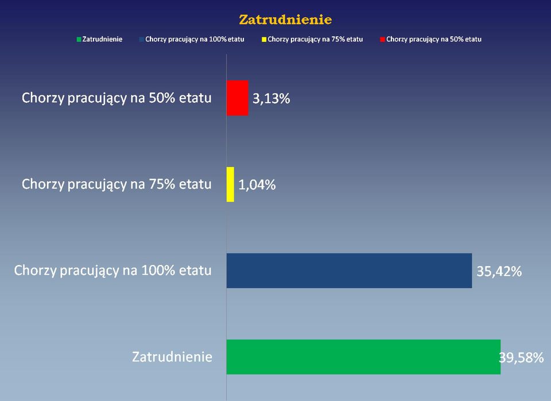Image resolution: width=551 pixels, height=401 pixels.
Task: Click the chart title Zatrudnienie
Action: [285, 20]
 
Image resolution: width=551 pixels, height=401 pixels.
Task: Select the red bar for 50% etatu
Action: [238, 98]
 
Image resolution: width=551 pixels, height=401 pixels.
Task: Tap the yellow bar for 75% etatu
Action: [231, 184]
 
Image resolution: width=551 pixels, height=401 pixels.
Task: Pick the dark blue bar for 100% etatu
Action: [350, 271]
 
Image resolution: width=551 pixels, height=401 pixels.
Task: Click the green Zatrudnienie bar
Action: [364, 357]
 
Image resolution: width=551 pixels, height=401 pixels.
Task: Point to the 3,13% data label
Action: [271, 99]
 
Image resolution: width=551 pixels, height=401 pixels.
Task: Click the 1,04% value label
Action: [257, 185]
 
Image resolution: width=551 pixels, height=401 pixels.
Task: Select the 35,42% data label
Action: [499, 271]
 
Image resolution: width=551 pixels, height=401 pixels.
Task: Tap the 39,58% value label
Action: [522, 357]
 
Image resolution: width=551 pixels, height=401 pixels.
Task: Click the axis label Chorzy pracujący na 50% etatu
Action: [117, 98]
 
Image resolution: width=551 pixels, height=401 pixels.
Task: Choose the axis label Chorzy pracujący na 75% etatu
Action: [117, 184]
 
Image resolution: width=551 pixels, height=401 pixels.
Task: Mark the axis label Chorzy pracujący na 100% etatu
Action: [113, 271]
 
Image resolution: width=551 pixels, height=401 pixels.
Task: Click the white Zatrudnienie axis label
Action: [172, 357]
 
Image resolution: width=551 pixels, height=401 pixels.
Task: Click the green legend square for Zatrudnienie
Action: [79, 40]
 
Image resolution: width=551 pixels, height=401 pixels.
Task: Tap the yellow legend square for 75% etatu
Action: [264, 40]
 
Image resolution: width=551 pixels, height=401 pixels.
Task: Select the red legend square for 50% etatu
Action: [382, 40]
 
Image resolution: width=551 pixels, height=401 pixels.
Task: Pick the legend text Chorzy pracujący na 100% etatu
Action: [195, 40]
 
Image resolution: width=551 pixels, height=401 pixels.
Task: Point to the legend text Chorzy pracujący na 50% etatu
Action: [434, 40]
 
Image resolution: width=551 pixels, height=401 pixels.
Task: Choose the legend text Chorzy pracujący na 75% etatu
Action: [315, 40]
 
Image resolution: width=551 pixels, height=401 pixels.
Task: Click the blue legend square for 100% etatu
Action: [142, 40]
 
